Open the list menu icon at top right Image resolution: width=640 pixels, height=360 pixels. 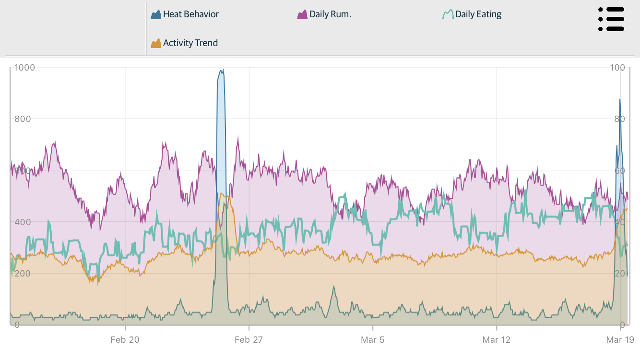[x=611, y=19]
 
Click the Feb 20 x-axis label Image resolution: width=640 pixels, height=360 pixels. [x=125, y=340]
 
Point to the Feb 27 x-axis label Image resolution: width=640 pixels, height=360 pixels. [x=249, y=340]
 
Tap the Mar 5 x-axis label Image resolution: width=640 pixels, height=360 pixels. [x=373, y=340]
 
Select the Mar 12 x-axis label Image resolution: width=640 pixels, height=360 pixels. [x=497, y=340]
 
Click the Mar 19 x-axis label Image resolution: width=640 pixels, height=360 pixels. [x=620, y=340]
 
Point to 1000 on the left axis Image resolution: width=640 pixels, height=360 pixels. [x=24, y=68]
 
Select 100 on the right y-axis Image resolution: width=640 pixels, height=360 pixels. [x=618, y=68]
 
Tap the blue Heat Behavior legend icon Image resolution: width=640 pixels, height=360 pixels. [x=156, y=14]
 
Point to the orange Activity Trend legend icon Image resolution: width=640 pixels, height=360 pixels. [x=156, y=43]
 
